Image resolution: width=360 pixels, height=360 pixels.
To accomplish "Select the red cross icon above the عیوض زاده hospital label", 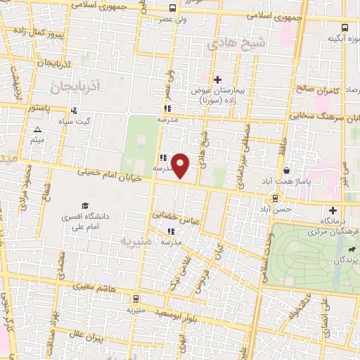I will pyautogui.click(x=218, y=79).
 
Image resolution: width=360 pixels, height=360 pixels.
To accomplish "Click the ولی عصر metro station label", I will pyautogui.click(x=173, y=20).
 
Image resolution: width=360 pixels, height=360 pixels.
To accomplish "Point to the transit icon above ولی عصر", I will pyautogui.click(x=173, y=8).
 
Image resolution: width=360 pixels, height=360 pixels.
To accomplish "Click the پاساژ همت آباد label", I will pyautogui.click(x=288, y=182).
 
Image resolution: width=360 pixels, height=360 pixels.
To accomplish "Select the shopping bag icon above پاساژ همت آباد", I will pyautogui.click(x=287, y=171).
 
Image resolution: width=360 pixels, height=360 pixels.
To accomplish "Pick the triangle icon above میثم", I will pyautogui.click(x=37, y=130).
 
